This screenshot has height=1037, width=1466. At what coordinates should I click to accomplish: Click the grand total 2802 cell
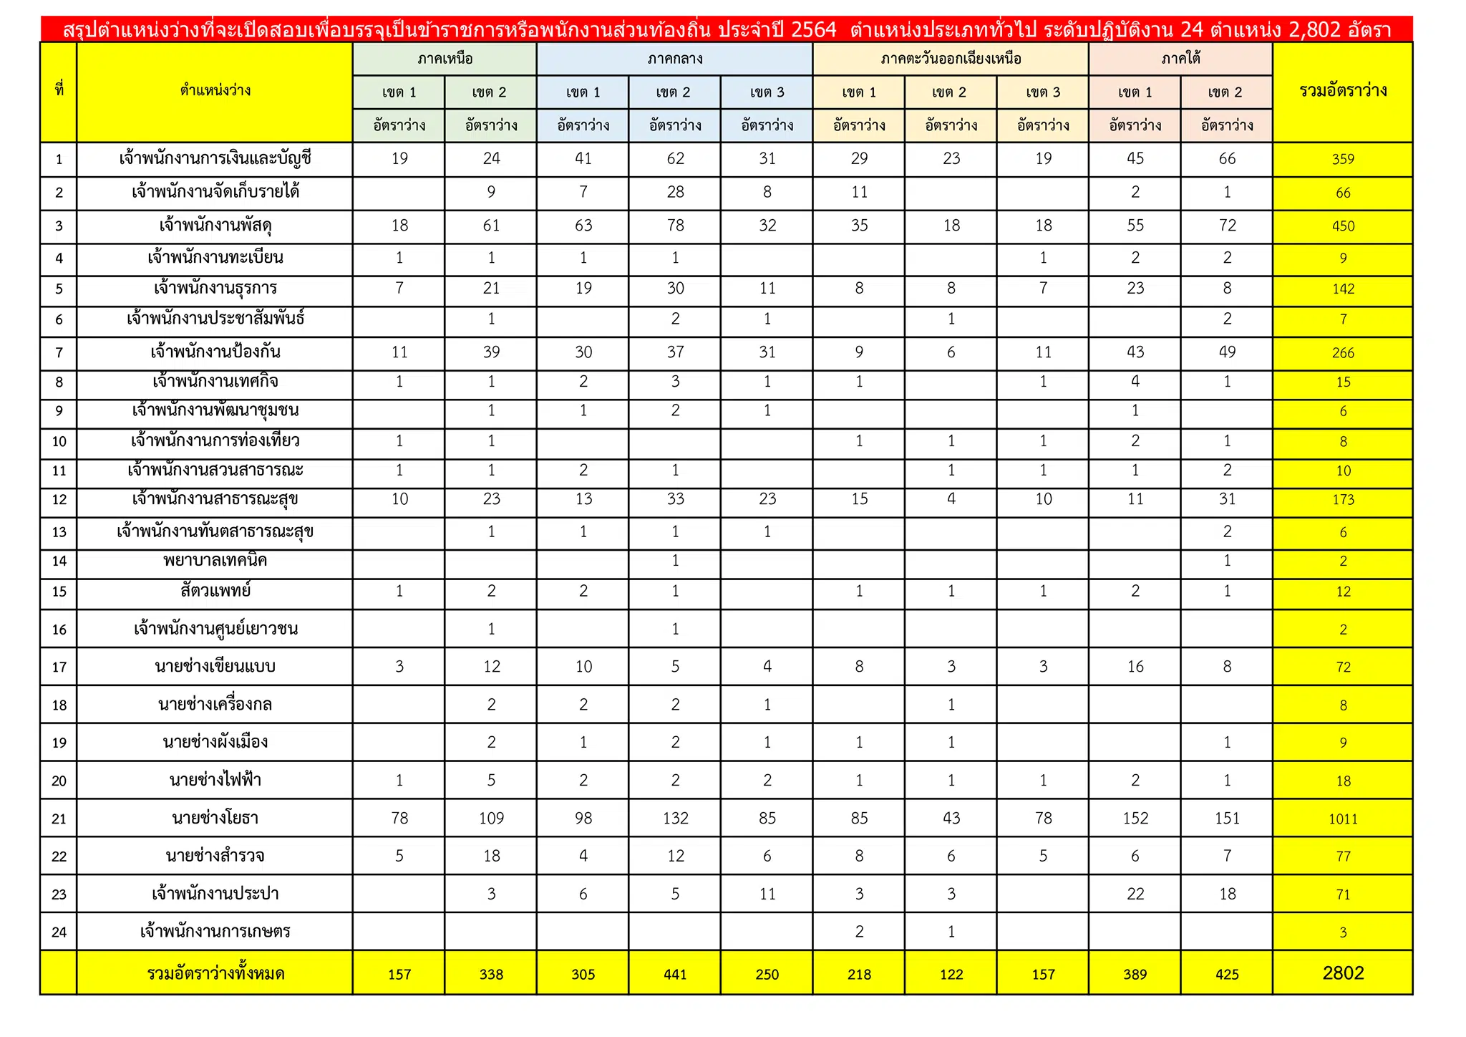[x=1343, y=973]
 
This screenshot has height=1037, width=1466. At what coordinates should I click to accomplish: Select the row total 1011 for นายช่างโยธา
[x=1343, y=819]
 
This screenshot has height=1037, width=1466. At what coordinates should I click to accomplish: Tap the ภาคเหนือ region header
[x=445, y=59]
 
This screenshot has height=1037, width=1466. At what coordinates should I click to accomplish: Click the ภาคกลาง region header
[x=674, y=59]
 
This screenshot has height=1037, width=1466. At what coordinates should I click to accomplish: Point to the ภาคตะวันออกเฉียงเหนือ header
[x=951, y=59]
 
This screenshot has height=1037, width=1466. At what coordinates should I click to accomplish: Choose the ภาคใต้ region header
[x=1180, y=59]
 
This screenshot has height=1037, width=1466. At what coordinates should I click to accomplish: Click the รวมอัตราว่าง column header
[x=1343, y=91]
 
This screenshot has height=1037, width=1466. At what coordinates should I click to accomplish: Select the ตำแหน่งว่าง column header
[x=215, y=91]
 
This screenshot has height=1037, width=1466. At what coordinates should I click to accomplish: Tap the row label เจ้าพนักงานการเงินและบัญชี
[x=215, y=158]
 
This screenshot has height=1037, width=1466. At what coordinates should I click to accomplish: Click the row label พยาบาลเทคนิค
[x=215, y=561]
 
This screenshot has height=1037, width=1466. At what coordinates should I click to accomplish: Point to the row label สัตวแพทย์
[x=215, y=592]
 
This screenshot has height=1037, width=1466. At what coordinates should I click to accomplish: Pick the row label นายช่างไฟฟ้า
[x=215, y=780]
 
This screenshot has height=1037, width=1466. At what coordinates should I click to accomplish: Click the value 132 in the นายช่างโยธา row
[x=675, y=818]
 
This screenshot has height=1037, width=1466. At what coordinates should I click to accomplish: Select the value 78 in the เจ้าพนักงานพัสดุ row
[x=675, y=226]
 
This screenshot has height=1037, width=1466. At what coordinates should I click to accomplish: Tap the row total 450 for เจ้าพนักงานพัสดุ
[x=1343, y=226]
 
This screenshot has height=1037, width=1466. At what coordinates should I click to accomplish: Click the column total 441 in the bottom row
[x=675, y=974]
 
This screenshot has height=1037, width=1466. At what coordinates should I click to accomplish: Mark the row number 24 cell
[x=59, y=932]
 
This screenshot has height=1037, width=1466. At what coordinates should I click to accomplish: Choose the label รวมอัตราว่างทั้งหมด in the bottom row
[x=215, y=974]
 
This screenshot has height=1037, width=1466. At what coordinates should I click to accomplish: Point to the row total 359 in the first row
[x=1343, y=159]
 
